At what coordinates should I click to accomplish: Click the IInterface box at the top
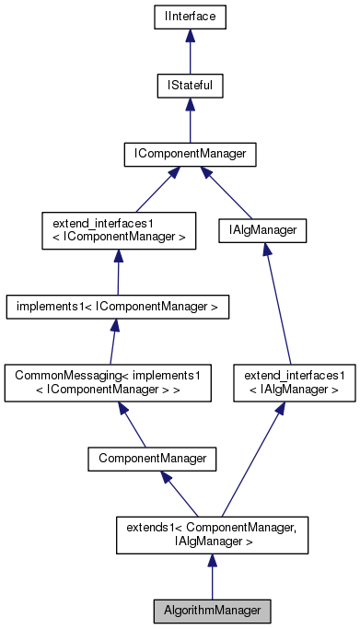tap(190, 16)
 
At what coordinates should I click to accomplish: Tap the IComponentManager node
tap(190, 154)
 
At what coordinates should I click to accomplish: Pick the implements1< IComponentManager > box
tap(117, 306)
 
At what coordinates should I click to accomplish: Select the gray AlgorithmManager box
tap(212, 610)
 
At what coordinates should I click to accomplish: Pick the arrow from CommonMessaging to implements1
tap(113, 343)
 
